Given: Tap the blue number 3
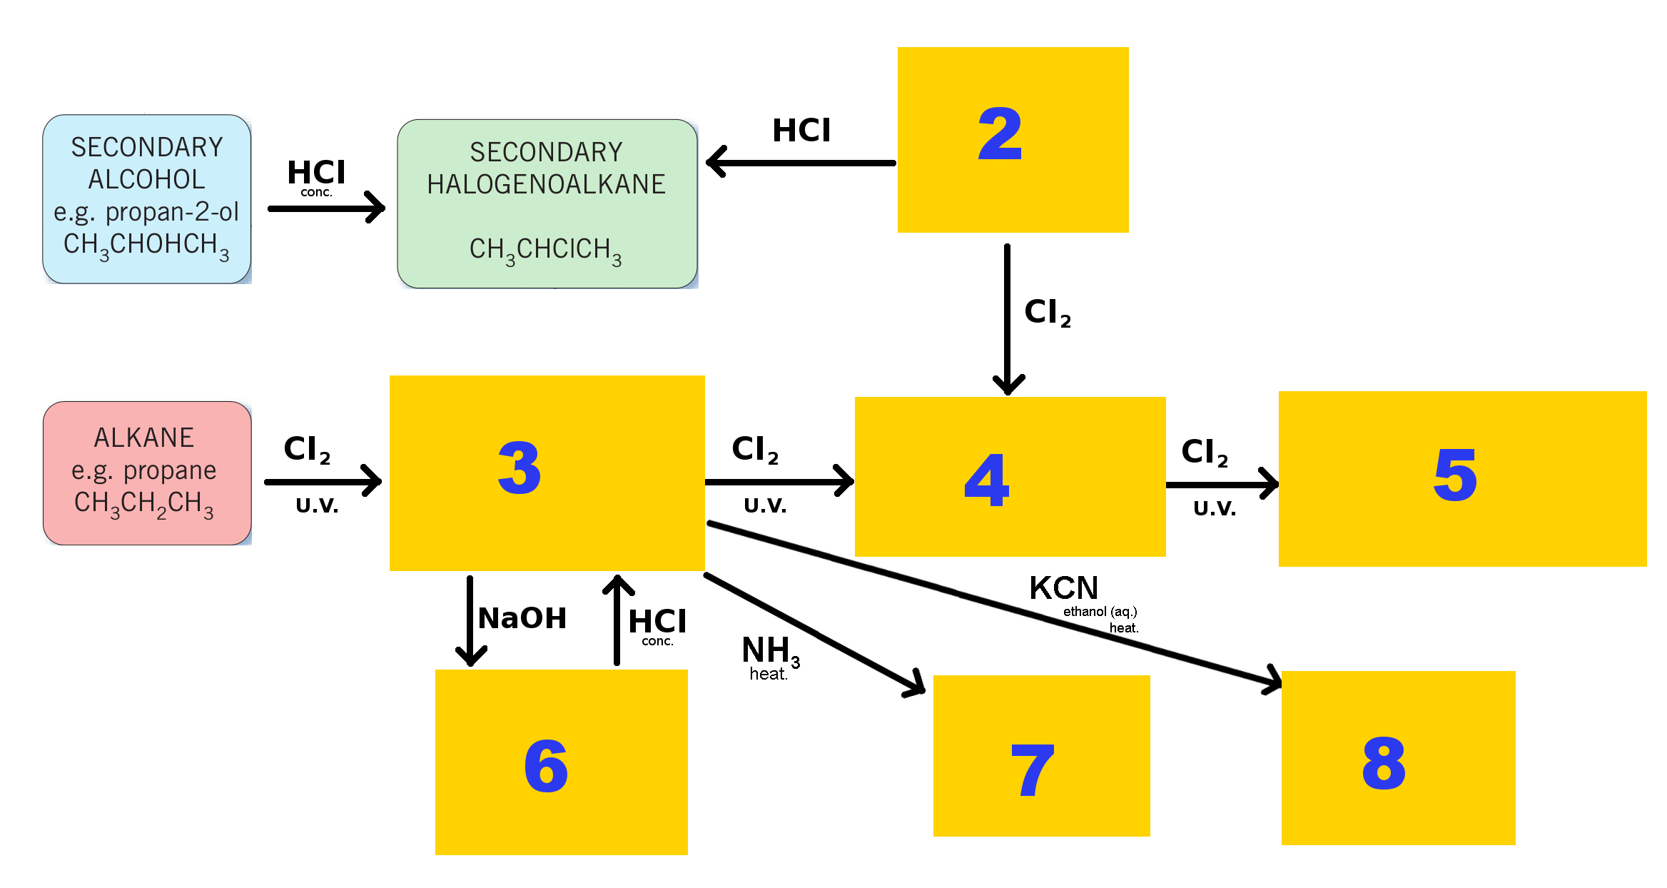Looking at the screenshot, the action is click(x=520, y=468).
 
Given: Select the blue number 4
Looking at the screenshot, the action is click(x=987, y=480).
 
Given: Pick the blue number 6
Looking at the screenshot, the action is click(x=546, y=766).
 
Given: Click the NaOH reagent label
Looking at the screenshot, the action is click(x=522, y=618).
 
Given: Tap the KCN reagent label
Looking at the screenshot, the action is click(x=1063, y=588).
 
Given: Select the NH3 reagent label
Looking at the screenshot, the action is click(x=771, y=651).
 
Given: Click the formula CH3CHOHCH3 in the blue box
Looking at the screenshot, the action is click(x=146, y=246).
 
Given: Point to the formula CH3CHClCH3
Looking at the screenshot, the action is click(x=545, y=251).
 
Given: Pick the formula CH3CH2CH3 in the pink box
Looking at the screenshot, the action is click(x=144, y=504).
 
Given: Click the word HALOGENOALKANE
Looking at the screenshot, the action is click(x=546, y=184).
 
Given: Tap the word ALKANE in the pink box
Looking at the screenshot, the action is click(x=144, y=438).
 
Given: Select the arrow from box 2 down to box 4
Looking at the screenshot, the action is click(x=1008, y=319).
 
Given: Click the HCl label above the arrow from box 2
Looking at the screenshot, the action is click(x=801, y=131).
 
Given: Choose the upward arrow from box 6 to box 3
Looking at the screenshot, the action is click(x=617, y=620).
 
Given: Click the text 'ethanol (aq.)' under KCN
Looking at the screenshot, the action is click(x=1100, y=612).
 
